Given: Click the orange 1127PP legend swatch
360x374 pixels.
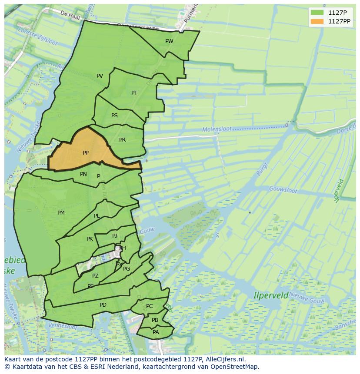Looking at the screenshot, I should (x=318, y=21).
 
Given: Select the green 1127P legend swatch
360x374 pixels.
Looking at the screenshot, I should (x=318, y=13).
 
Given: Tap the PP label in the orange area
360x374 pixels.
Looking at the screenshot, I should (x=86, y=153).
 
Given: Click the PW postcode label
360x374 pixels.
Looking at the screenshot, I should (x=169, y=41).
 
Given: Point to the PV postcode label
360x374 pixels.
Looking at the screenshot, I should (x=100, y=76).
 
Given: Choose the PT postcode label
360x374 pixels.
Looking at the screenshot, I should (x=134, y=93).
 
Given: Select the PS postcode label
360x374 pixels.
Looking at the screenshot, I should (x=114, y=116).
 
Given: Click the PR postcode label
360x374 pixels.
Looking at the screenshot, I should (x=122, y=140).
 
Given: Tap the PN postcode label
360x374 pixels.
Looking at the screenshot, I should (x=83, y=174).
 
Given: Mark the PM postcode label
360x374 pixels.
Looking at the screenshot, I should (x=61, y=213).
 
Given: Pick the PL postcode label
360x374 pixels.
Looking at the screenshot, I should (x=97, y=216).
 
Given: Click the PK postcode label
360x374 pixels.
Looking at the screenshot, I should (x=90, y=239).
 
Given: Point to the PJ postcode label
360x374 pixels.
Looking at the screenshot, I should (x=115, y=236).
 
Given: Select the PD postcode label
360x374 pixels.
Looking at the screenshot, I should (x=103, y=305).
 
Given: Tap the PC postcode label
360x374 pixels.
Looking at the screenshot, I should (x=149, y=306).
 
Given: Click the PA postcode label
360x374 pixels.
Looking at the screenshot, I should (x=156, y=332).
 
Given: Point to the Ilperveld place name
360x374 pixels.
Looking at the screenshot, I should (x=271, y=295).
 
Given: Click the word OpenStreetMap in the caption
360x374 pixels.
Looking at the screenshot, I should (x=235, y=367).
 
